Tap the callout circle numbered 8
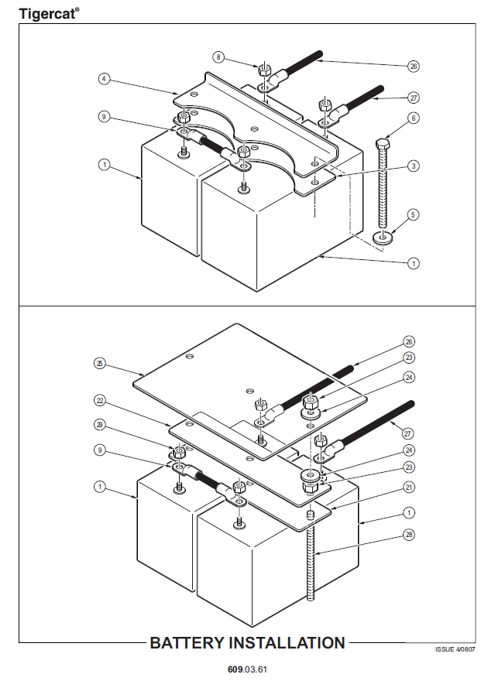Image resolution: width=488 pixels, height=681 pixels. pyautogui.click(x=219, y=56)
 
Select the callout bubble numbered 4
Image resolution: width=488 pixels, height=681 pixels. pyautogui.click(x=103, y=78)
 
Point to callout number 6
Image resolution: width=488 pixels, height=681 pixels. pyautogui.click(x=414, y=118)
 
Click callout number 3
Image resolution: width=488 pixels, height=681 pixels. pyautogui.click(x=414, y=166)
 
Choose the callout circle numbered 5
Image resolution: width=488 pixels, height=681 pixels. pyautogui.click(x=414, y=214)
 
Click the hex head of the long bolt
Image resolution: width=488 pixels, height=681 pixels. pyautogui.click(x=381, y=145)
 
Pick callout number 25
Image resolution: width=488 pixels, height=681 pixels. pyautogui.click(x=99, y=362)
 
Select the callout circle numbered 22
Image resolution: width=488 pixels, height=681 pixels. pyautogui.click(x=99, y=402)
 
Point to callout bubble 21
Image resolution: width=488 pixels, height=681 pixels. pyautogui.click(x=409, y=487)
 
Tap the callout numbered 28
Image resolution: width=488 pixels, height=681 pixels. pyautogui.click(x=409, y=535)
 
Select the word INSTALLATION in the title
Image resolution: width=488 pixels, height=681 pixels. pyautogui.click(x=287, y=643)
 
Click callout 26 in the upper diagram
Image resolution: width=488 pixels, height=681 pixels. pyautogui.click(x=414, y=66)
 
